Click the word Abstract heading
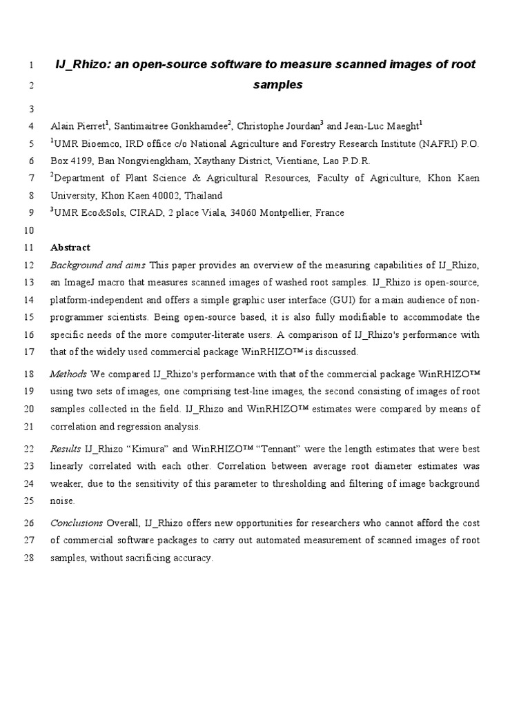[x=70, y=248]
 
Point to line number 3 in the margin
[x=30, y=109]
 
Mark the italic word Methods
[x=68, y=374]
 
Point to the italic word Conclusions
[x=76, y=523]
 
